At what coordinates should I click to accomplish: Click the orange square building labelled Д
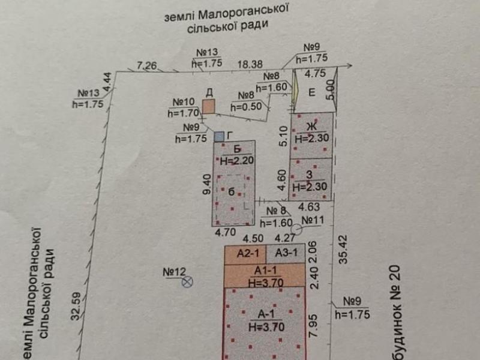coord(208,107)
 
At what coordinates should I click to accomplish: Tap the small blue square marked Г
coord(220,137)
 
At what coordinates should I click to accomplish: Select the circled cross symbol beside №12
coord(188,280)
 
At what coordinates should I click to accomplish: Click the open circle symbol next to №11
coord(296,228)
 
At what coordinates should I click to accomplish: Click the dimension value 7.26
coord(147,65)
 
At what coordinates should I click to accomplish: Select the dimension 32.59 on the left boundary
coord(76,307)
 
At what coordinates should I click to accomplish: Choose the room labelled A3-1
coord(285,254)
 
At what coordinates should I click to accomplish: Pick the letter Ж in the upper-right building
coord(311,126)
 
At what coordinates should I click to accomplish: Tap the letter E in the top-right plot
coord(311,92)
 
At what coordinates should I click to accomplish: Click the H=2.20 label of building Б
coord(233,160)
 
